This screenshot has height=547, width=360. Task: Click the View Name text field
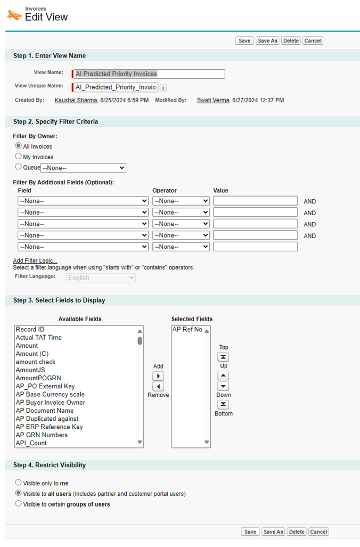(149, 74)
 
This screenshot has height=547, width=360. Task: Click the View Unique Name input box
(116, 87)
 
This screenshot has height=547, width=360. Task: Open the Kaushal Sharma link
(76, 100)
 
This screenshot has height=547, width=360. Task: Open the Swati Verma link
(213, 100)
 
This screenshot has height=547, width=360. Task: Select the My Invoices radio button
(19, 157)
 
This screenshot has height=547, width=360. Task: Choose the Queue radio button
(19, 167)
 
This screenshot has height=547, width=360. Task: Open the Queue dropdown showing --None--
(83, 168)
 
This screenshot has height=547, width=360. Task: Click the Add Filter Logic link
(35, 260)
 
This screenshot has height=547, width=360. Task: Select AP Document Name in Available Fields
(45, 411)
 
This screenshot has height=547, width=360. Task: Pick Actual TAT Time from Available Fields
(39, 338)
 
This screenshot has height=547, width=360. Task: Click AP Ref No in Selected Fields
(187, 330)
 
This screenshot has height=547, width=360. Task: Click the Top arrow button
(224, 357)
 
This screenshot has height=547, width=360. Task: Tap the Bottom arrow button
(224, 404)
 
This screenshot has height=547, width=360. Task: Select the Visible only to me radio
(19, 483)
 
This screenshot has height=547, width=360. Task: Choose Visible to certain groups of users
(19, 504)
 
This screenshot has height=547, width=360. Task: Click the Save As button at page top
(267, 41)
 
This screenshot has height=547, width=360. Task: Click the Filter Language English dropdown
(101, 278)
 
